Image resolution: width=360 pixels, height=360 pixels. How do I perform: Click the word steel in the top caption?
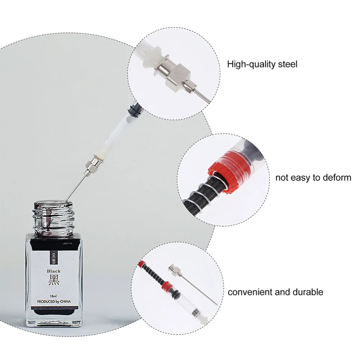point(288,64)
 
